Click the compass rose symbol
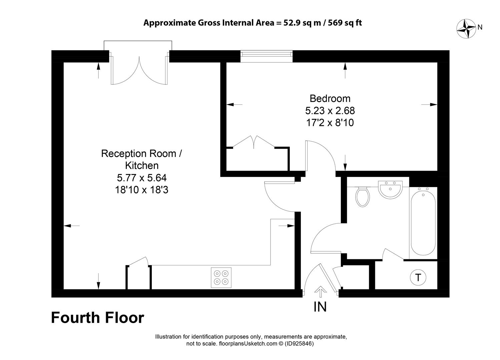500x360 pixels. pyautogui.click(x=466, y=29)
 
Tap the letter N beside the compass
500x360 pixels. pyautogui.click(x=480, y=27)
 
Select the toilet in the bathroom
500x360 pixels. pyautogui.click(x=363, y=197)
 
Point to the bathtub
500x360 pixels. pyautogui.click(x=423, y=223)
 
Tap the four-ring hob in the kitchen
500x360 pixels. pyautogui.click(x=221, y=277)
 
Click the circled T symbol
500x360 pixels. pyautogui.click(x=418, y=278)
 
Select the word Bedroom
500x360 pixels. pyautogui.click(x=330, y=99)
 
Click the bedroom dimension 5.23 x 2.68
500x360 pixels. pyautogui.click(x=330, y=111)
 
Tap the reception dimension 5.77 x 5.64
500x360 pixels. pyautogui.click(x=142, y=178)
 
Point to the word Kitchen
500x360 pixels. pyautogui.click(x=142, y=166)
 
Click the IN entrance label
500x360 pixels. pyautogui.click(x=320, y=307)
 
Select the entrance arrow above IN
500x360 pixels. pyautogui.click(x=321, y=292)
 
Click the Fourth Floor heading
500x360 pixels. pyautogui.click(x=97, y=318)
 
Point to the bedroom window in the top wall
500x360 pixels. pyautogui.click(x=266, y=56)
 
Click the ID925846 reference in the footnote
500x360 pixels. pyautogui.click(x=299, y=343)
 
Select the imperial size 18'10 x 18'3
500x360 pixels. pyautogui.click(x=141, y=190)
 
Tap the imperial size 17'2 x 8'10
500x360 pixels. pyautogui.click(x=330, y=123)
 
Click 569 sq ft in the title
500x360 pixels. pyautogui.click(x=345, y=23)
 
